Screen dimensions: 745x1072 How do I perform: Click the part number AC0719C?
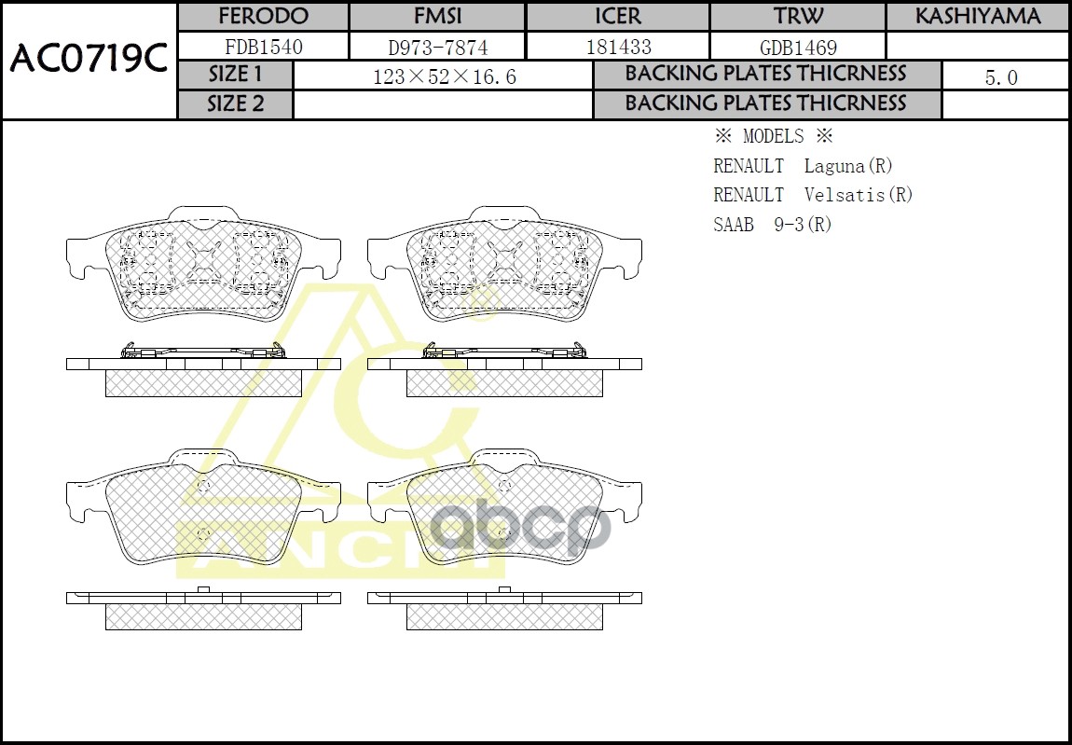click(89, 61)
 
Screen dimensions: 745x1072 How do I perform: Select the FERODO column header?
click(263, 17)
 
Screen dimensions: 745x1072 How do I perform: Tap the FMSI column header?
click(437, 17)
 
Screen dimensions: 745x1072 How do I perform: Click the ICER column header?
click(618, 17)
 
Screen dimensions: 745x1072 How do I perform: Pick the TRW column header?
click(798, 17)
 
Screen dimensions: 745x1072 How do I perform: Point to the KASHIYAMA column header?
click(977, 17)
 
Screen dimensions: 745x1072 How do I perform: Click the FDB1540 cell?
click(263, 47)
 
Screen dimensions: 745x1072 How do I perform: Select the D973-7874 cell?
click(437, 47)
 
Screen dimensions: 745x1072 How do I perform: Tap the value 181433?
click(618, 47)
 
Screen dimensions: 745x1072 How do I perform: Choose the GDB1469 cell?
click(798, 47)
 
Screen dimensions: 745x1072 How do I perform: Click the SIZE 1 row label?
click(235, 75)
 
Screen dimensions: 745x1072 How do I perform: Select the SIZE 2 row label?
click(235, 104)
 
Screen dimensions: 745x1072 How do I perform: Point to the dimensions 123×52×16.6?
click(444, 76)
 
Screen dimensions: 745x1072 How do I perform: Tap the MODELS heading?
click(773, 137)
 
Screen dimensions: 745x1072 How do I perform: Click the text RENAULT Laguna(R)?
click(803, 166)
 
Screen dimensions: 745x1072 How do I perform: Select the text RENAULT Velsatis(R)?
click(813, 195)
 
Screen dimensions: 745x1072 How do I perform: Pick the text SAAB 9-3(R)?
click(772, 224)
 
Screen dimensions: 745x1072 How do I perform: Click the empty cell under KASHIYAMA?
click(977, 47)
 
